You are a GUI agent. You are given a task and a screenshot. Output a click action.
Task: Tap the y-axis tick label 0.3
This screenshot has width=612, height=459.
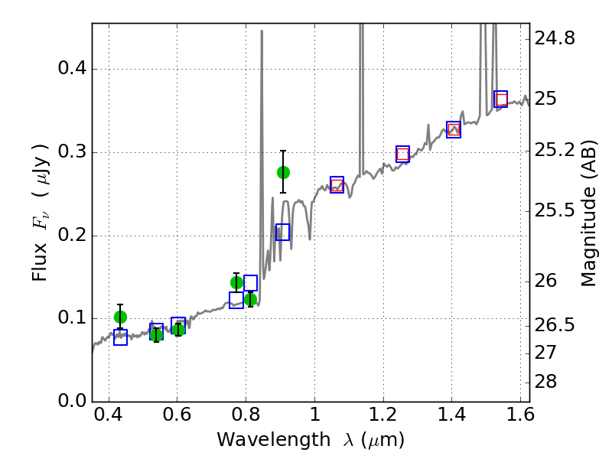click(x=73, y=152)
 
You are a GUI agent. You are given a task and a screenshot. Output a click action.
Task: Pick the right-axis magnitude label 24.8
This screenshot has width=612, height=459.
click(x=556, y=37)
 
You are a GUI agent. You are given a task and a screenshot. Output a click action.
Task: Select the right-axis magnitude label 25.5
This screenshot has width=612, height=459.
click(x=556, y=209)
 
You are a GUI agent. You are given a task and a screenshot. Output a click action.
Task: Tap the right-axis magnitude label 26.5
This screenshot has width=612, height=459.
click(x=556, y=326)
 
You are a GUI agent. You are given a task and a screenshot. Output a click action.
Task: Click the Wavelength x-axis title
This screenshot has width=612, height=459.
click(x=310, y=440)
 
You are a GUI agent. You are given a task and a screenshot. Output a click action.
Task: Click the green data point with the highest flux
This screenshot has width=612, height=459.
click(x=283, y=172)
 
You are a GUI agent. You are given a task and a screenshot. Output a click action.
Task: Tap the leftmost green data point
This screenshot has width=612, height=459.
click(x=120, y=317)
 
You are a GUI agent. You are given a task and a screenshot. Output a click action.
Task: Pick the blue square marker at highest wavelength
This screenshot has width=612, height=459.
click(x=500, y=99)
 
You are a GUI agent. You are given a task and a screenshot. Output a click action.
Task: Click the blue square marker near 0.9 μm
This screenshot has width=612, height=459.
click(x=283, y=233)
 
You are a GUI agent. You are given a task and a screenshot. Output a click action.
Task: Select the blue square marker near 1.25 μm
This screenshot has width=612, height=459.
click(x=402, y=154)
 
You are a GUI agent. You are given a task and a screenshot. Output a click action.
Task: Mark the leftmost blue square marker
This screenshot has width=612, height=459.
click(x=120, y=337)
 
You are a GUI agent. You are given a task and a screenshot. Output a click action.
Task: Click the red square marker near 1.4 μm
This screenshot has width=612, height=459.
click(x=454, y=129)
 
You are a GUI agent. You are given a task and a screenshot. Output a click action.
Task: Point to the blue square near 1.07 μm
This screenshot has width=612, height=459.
click(x=337, y=184)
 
